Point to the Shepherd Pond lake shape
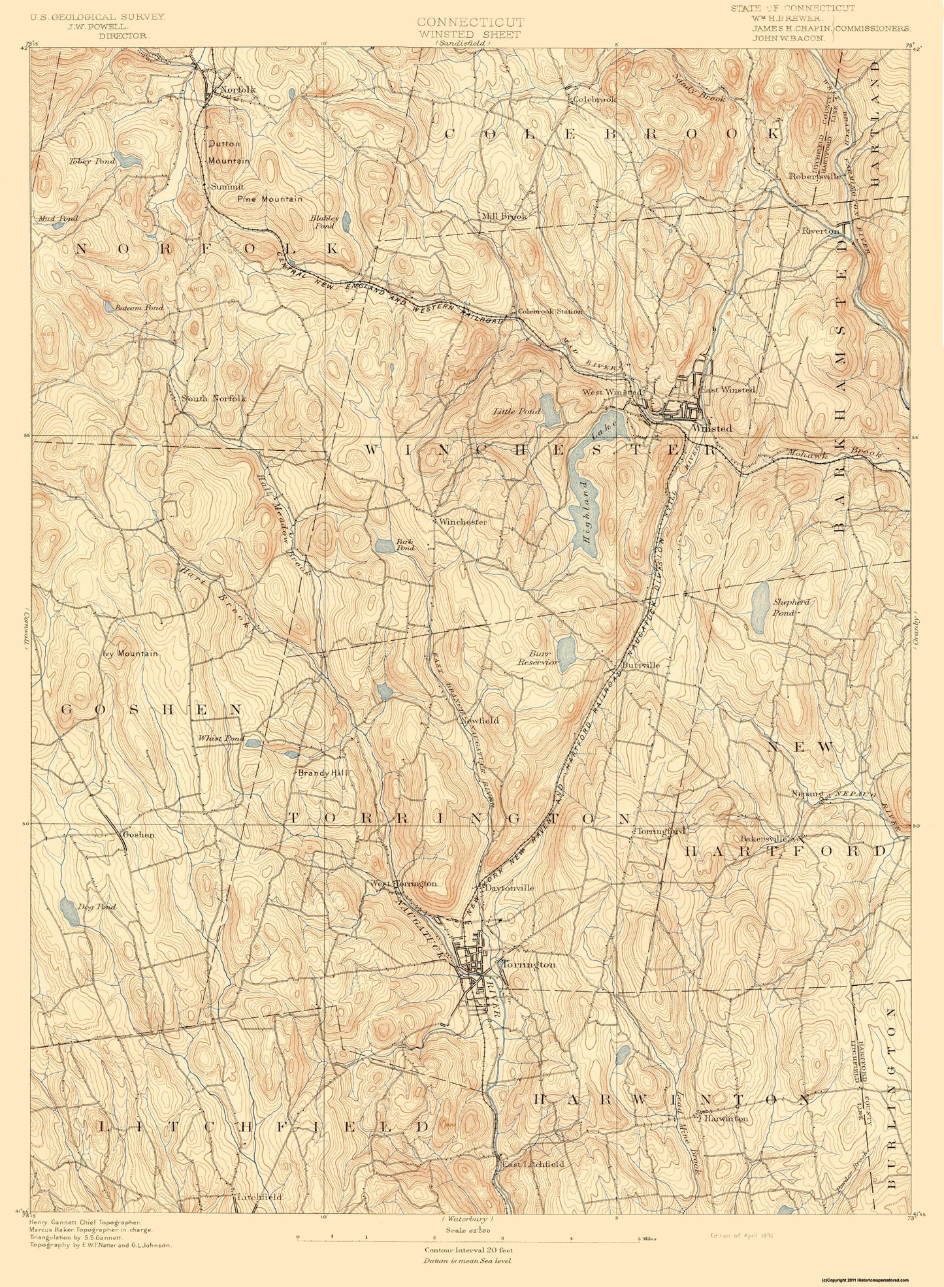(760, 607)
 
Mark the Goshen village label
(137, 834)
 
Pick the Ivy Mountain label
(130, 653)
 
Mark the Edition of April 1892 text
(742, 1235)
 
